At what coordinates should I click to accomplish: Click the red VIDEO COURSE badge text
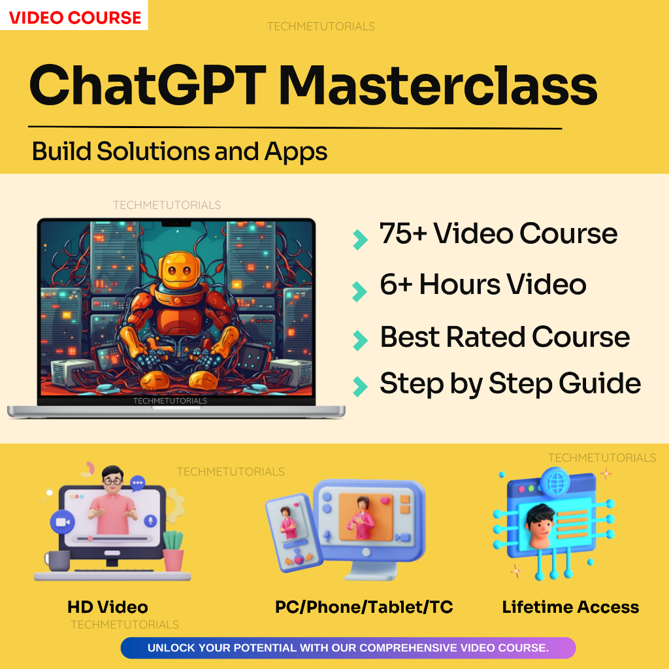[x=74, y=17]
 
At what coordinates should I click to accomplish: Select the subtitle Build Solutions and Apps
[x=180, y=152]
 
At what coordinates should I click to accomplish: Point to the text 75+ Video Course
[x=498, y=234]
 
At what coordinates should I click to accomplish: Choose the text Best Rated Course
[x=505, y=337]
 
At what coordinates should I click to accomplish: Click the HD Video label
[x=108, y=607]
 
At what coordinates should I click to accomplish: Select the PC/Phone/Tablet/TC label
[x=364, y=607]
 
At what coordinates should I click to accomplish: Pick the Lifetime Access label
[x=570, y=607]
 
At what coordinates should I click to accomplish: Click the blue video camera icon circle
[x=62, y=522]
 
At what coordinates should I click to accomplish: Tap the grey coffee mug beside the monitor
[x=57, y=561]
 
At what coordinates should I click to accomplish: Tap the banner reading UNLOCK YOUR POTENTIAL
[x=348, y=648]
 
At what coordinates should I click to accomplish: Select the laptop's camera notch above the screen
[x=176, y=223]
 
